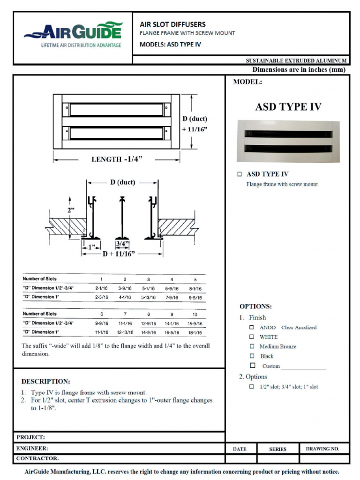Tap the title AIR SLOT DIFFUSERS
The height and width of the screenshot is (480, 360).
(x=172, y=24)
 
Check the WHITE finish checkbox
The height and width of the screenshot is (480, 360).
(x=252, y=337)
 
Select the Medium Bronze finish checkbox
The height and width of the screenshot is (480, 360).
(x=252, y=346)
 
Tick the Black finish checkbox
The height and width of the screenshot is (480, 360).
(x=252, y=356)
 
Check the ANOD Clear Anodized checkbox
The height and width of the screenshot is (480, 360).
(x=252, y=327)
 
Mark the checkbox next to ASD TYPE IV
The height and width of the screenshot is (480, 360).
(x=240, y=174)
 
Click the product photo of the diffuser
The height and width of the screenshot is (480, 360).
(x=288, y=141)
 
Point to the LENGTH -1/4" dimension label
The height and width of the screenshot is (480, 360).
(x=117, y=159)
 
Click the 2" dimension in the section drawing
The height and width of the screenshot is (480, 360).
(x=71, y=210)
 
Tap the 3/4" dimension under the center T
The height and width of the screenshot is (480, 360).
(x=122, y=244)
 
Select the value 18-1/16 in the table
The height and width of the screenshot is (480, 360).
(x=195, y=332)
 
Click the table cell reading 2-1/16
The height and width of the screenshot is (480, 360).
(x=101, y=288)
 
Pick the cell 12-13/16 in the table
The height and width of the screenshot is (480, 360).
(x=125, y=332)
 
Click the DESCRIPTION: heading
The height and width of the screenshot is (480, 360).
(x=46, y=382)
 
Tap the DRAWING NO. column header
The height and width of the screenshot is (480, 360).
(x=322, y=449)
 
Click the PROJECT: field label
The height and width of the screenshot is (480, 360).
(x=30, y=437)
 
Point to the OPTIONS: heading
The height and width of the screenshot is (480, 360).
(x=255, y=307)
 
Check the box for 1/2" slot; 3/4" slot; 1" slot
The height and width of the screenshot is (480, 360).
(x=252, y=387)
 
